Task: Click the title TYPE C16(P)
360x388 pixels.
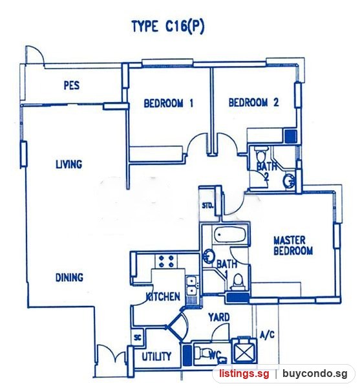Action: point(168,27)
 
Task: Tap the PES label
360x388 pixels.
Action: point(72,85)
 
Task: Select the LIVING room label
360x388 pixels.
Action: point(69,164)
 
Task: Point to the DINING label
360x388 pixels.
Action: point(69,277)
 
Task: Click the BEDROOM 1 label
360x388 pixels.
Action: point(169,103)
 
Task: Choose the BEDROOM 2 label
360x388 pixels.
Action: point(254,102)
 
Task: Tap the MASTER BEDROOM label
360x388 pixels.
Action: point(293,246)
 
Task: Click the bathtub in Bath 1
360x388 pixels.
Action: point(229,234)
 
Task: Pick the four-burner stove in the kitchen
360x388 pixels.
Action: point(166,261)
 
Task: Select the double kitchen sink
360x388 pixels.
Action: point(191,286)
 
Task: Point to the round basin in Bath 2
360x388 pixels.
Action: point(288,181)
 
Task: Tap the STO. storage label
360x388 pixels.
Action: point(207,206)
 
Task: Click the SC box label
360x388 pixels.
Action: point(138,337)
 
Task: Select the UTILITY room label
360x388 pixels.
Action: point(156,356)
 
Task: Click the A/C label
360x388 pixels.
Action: point(268,334)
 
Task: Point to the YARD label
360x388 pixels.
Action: point(219,318)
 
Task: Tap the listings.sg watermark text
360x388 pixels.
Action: point(244,373)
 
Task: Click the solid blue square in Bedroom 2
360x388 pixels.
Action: point(291,136)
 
